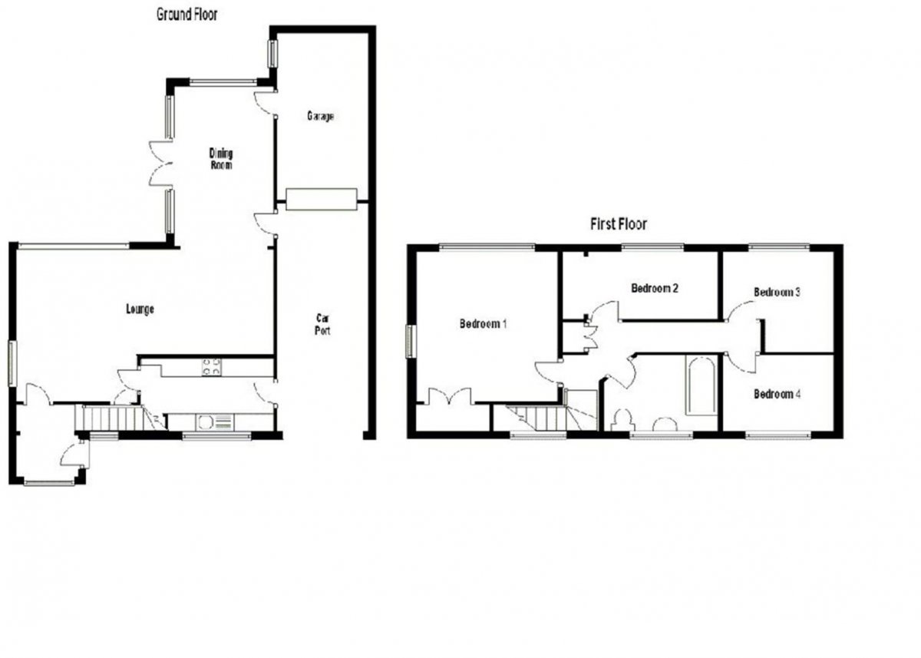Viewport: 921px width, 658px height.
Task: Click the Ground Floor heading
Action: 187,15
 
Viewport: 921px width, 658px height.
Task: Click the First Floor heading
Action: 619,224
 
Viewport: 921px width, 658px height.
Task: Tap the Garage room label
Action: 320,117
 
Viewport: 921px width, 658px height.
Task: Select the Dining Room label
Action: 221,159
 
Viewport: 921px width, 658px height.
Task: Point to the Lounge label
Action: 140,309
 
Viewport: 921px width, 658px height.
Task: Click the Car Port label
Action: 322,325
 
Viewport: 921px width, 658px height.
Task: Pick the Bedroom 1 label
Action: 483,324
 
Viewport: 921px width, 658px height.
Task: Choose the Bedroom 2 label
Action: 655,288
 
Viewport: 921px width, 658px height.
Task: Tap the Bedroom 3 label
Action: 777,293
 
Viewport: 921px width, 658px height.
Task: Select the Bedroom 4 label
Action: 777,395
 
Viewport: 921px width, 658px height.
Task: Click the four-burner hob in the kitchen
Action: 211,367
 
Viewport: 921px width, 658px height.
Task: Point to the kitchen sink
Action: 215,422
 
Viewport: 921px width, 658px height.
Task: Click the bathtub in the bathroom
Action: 701,385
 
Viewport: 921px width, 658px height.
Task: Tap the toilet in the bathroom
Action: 621,420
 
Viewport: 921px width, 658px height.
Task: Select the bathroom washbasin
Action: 665,424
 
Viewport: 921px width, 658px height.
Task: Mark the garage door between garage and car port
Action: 321,200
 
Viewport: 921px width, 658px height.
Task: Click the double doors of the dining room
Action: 160,164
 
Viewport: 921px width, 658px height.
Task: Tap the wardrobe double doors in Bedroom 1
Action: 451,396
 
